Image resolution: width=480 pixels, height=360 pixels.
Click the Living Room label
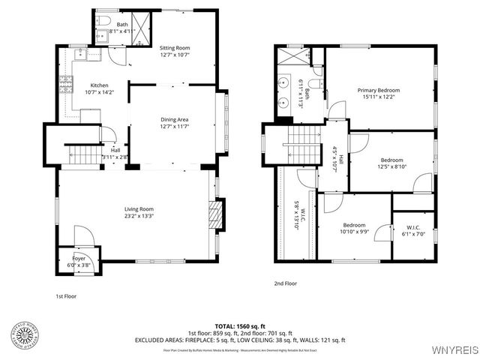[139, 213]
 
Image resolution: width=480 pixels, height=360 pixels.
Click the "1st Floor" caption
[66, 296]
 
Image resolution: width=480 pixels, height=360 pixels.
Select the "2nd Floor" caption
[285, 283]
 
